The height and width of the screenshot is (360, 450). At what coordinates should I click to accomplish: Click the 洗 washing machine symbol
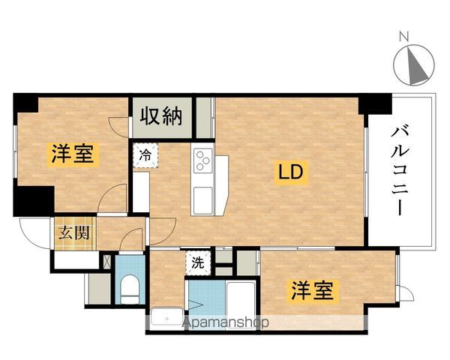pos(196,262)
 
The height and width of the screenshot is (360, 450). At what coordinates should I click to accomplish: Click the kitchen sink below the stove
pos(203,199)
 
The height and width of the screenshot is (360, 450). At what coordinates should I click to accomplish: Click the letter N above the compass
pos(403,35)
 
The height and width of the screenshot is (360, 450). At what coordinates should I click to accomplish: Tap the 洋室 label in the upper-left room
pos(73,155)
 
